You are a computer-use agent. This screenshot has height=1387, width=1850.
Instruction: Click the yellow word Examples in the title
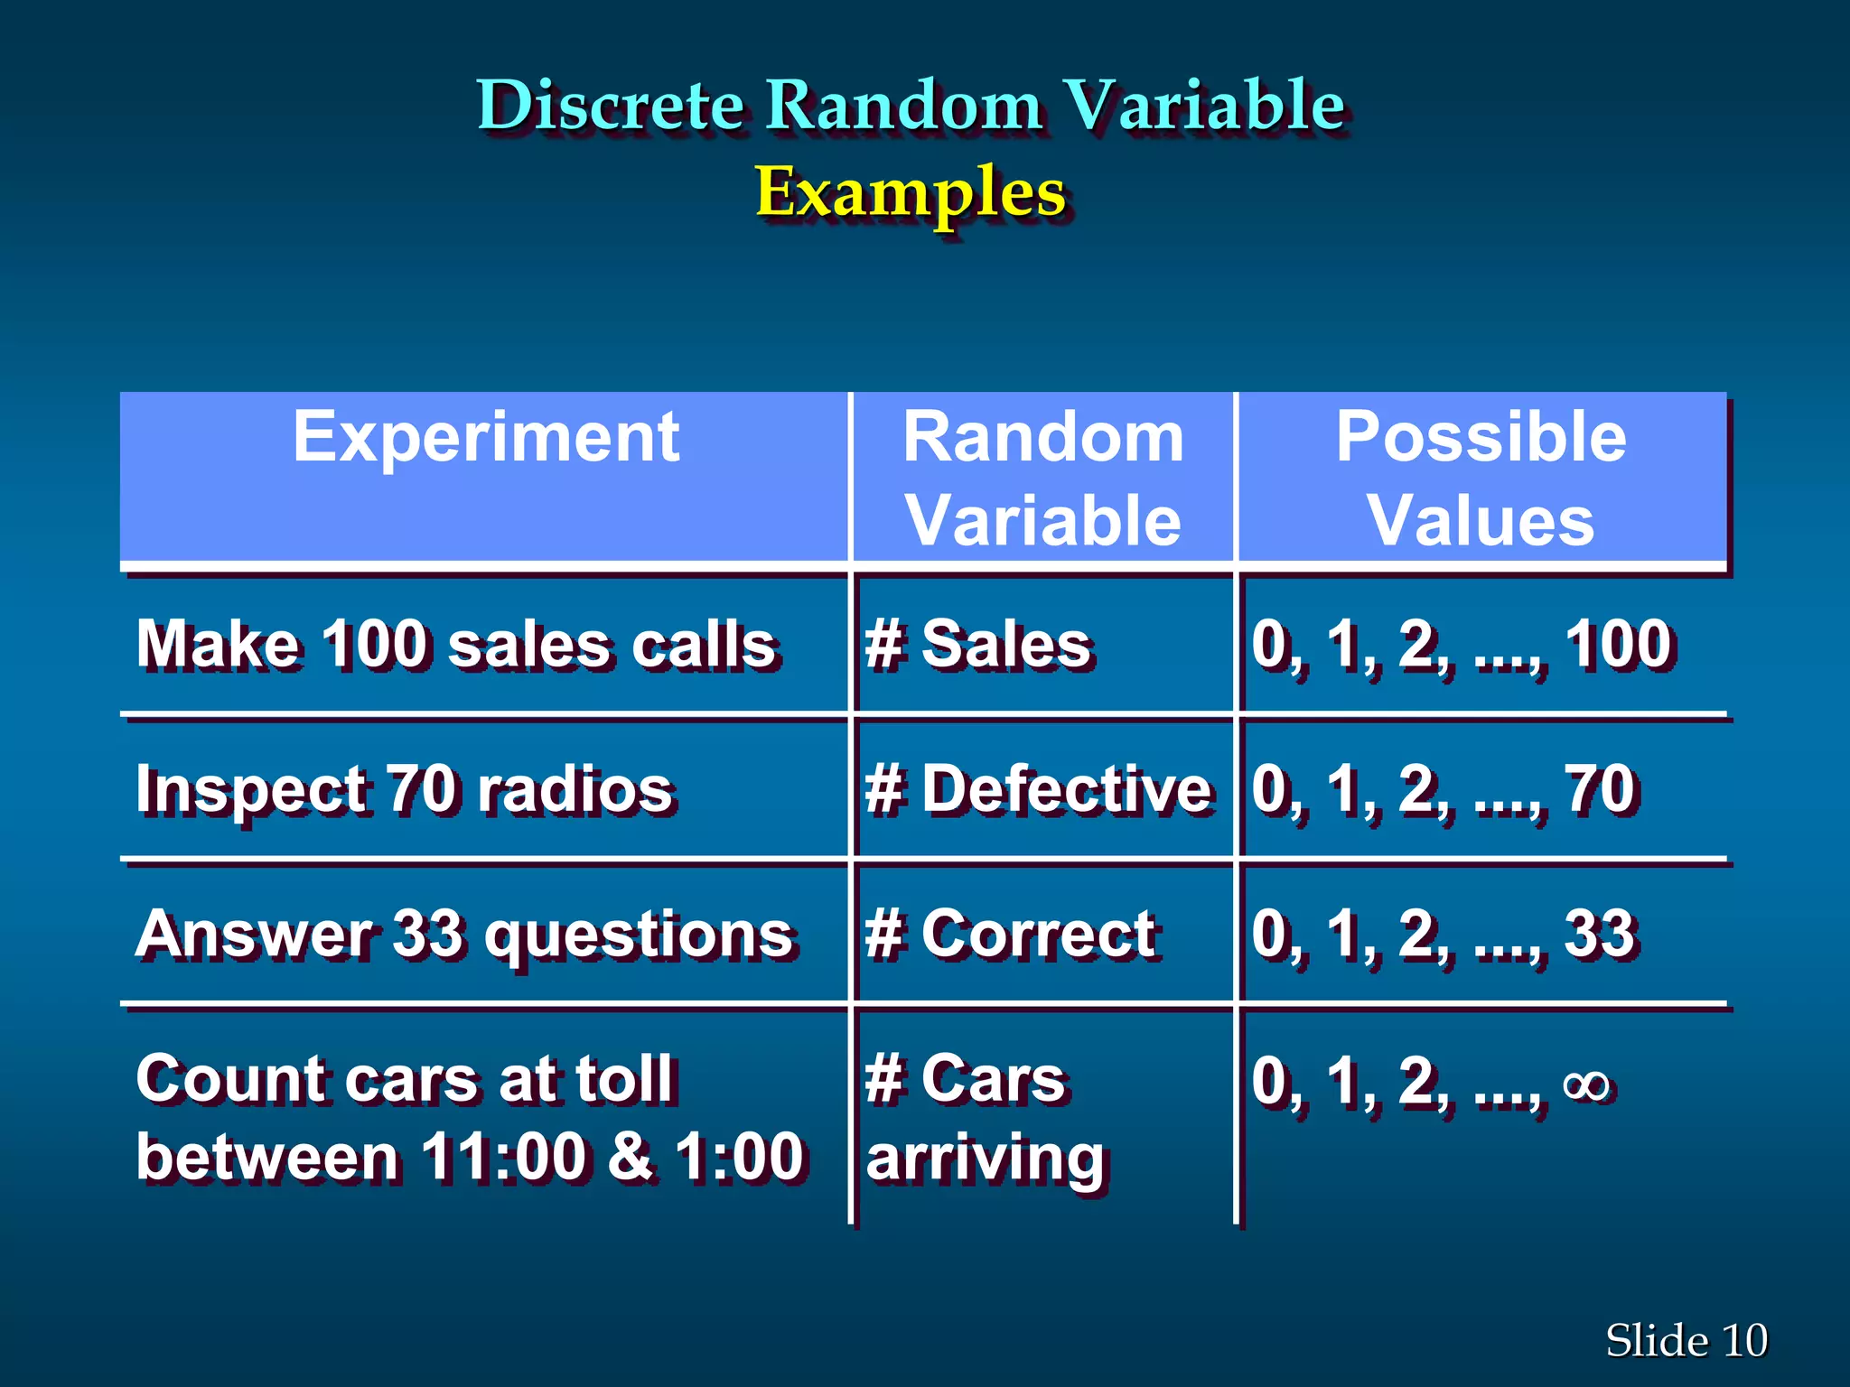pos(911,191)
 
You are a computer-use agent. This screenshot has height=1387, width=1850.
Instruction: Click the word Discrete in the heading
pos(610,106)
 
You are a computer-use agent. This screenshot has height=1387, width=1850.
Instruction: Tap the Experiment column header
pos(485,438)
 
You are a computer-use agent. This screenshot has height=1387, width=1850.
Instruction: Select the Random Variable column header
pos(1043,479)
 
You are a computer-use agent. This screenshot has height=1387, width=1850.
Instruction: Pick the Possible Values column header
pos(1481,479)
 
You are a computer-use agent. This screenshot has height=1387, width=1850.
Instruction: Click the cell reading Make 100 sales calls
pos(456,645)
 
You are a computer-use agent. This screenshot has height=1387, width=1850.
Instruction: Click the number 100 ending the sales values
pos(1619,645)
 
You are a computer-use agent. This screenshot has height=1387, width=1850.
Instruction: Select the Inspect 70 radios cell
pos(405,789)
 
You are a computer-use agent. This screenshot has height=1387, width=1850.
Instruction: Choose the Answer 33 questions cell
pos(464,934)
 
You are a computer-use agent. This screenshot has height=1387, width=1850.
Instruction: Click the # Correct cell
pos(1011,934)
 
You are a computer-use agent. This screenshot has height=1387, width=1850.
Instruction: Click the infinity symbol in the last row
pos(1587,1084)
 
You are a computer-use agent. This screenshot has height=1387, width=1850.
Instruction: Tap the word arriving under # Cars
pos(985,1158)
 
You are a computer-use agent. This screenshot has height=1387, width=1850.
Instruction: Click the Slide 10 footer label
pos(1686,1340)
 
